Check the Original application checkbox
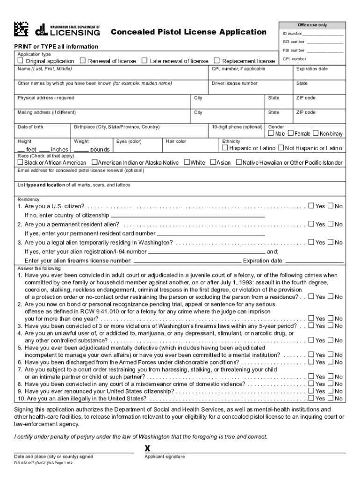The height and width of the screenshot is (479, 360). click(20, 61)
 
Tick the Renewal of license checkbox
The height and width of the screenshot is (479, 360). click(83, 61)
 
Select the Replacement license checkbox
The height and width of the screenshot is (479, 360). click(216, 61)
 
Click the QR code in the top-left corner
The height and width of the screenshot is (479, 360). click(22, 29)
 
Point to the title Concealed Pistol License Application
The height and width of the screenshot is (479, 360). click(188, 32)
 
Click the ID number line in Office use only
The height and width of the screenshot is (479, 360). click(322, 34)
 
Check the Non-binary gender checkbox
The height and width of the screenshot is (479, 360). click(316, 134)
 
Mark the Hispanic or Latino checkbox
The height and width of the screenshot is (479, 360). click(225, 148)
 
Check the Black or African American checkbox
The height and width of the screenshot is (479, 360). click(20, 162)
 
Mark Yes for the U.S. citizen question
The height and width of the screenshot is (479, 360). click(311, 206)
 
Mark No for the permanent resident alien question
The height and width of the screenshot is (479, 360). click(331, 224)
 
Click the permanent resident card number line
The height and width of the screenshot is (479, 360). click(210, 233)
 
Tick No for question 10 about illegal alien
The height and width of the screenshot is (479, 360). click(331, 398)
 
